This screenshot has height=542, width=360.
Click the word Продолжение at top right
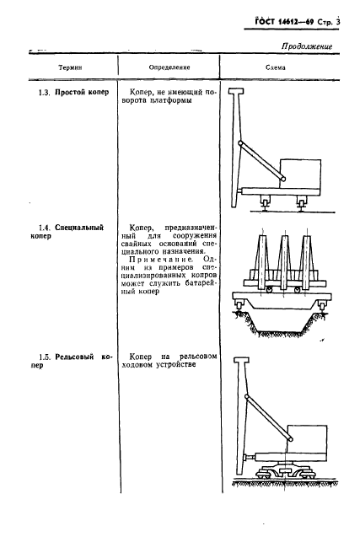(x=306, y=47)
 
